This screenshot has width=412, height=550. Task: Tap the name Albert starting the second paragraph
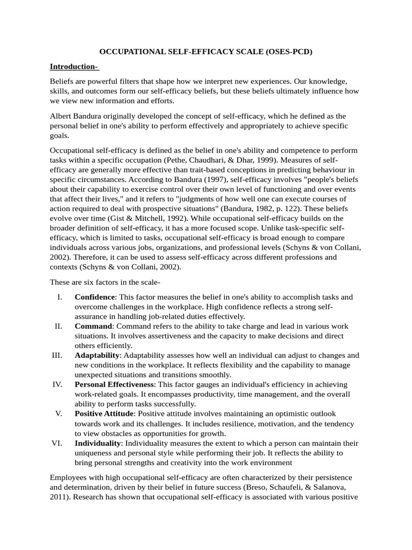pyautogui.click(x=62, y=115)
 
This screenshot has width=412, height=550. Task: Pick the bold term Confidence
pyautogui.click(x=94, y=296)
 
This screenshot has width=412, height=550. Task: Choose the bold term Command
pyautogui.click(x=93, y=326)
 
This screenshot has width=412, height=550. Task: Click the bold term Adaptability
pyautogui.click(x=97, y=355)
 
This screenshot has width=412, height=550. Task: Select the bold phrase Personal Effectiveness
pyautogui.click(x=114, y=385)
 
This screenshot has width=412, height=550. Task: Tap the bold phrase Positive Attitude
pyautogui.click(x=105, y=414)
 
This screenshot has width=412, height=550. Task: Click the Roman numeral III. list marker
pyautogui.click(x=57, y=355)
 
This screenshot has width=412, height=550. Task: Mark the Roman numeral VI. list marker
pyautogui.click(x=57, y=443)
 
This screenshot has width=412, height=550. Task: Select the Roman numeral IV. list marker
pyautogui.click(x=57, y=385)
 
